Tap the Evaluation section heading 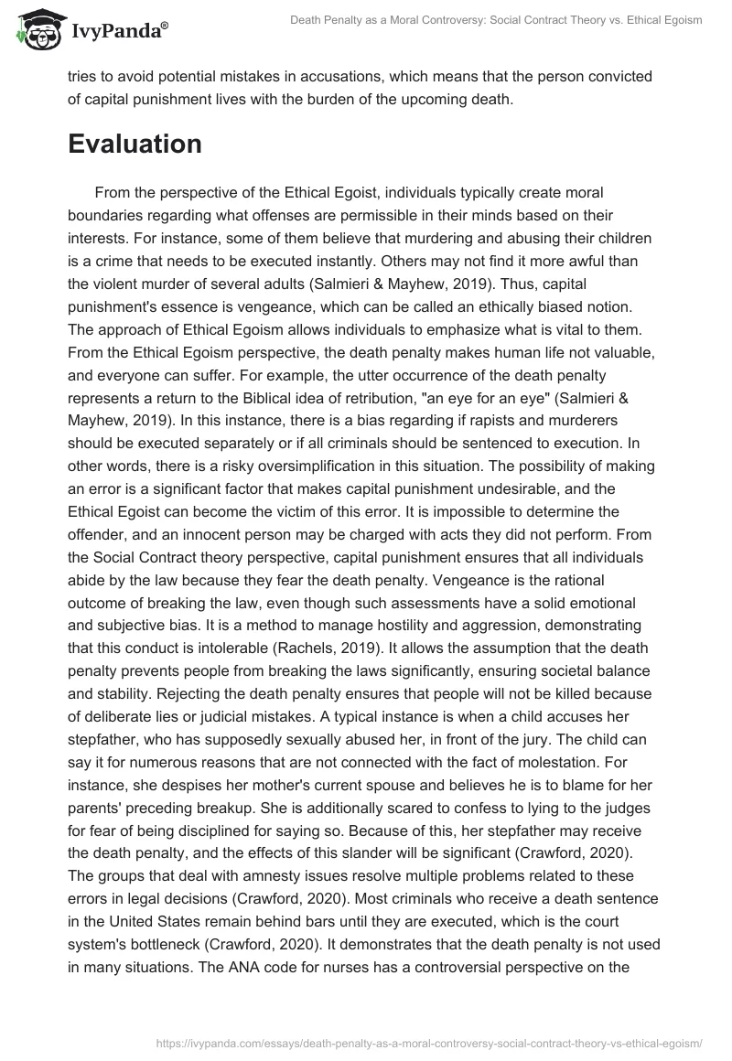135,144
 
